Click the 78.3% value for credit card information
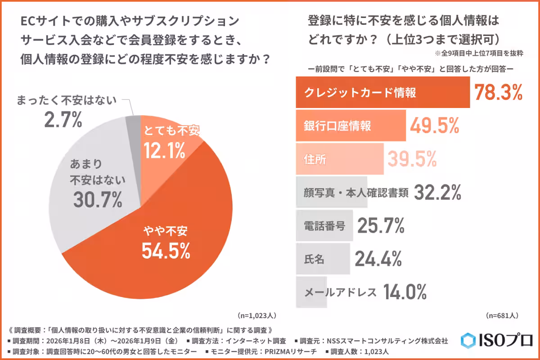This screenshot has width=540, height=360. tap(498, 92)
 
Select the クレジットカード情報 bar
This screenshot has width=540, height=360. tap(382, 93)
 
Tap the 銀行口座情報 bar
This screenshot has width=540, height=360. tap(351, 126)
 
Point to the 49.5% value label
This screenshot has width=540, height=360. tap(434, 126)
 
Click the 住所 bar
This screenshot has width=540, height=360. tap(339, 159)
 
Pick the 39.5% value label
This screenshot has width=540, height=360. tap(412, 159)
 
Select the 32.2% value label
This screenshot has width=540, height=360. tap(437, 193)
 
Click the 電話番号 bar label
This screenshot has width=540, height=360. tap(325, 226)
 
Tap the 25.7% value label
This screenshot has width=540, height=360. tap(381, 226)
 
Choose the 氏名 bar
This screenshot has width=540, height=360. tap(323, 259)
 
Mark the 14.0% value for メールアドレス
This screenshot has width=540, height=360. tap(405, 292)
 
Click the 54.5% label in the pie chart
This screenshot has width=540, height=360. tap(166, 250)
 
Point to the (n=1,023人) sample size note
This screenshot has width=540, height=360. tap(256, 315)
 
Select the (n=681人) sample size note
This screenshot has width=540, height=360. tap(502, 315)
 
